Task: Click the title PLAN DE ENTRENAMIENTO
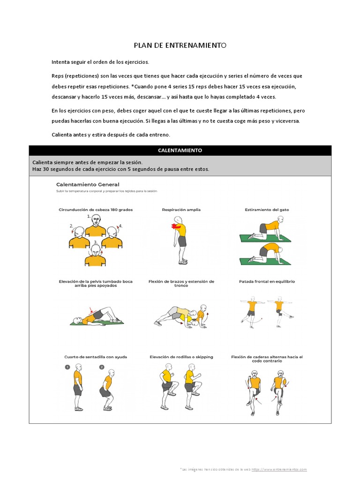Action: (x=180, y=45)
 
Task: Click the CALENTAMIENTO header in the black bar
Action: (x=180, y=150)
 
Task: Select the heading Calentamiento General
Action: (x=88, y=185)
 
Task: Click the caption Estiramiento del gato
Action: (x=267, y=210)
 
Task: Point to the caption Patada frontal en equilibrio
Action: (x=267, y=282)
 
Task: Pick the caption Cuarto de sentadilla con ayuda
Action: (x=96, y=357)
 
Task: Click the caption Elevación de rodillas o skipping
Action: (x=181, y=357)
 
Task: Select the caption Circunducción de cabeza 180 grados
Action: (x=96, y=210)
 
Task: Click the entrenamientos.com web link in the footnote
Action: (x=279, y=469)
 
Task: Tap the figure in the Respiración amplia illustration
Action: (x=179, y=239)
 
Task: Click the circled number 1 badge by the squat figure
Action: (x=67, y=367)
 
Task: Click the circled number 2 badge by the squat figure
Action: (x=102, y=367)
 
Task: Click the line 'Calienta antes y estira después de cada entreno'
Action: (x=111, y=135)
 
